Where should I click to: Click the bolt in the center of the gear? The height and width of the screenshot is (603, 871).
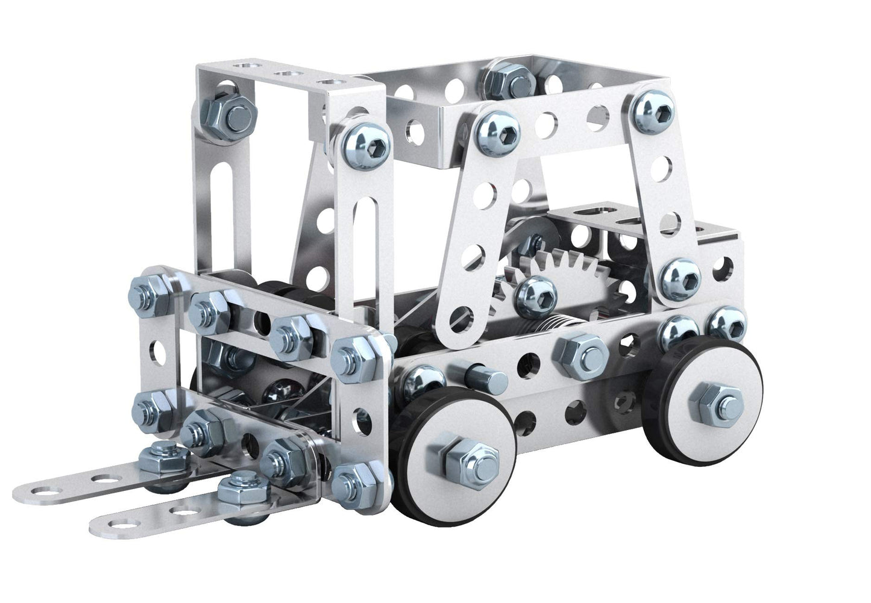point(532,291)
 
